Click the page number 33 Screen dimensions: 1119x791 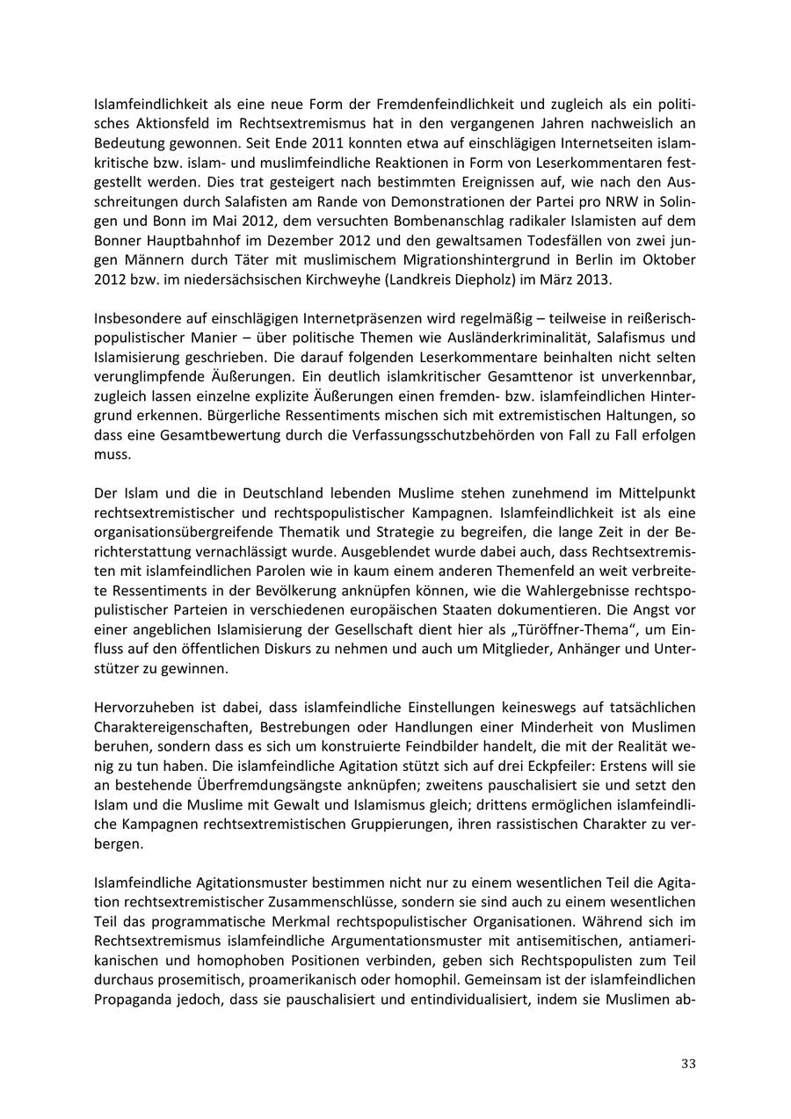tap(688, 1064)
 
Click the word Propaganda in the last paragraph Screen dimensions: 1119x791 tap(133, 998)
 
